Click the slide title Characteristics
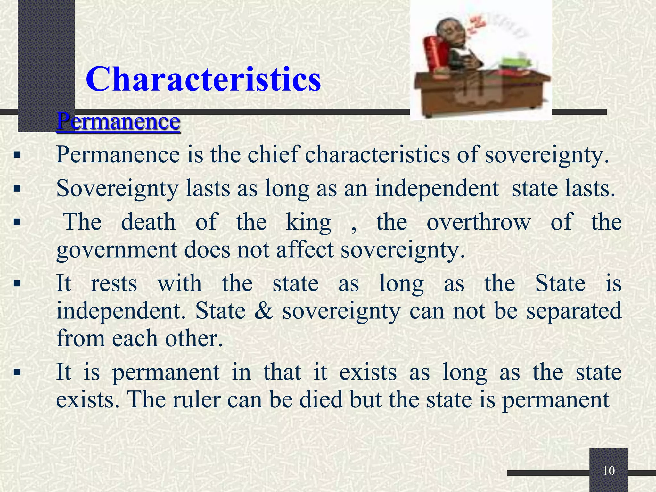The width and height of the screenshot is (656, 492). click(x=203, y=79)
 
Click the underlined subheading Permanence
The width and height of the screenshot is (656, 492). click(x=118, y=122)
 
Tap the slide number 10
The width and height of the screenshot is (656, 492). click(x=609, y=471)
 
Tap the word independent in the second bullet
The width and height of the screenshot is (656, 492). click(x=437, y=188)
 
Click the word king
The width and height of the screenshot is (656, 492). click(x=308, y=222)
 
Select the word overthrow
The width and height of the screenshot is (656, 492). click(x=479, y=222)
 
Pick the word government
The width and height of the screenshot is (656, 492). click(x=117, y=250)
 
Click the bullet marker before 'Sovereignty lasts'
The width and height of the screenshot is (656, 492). click(x=17, y=189)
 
